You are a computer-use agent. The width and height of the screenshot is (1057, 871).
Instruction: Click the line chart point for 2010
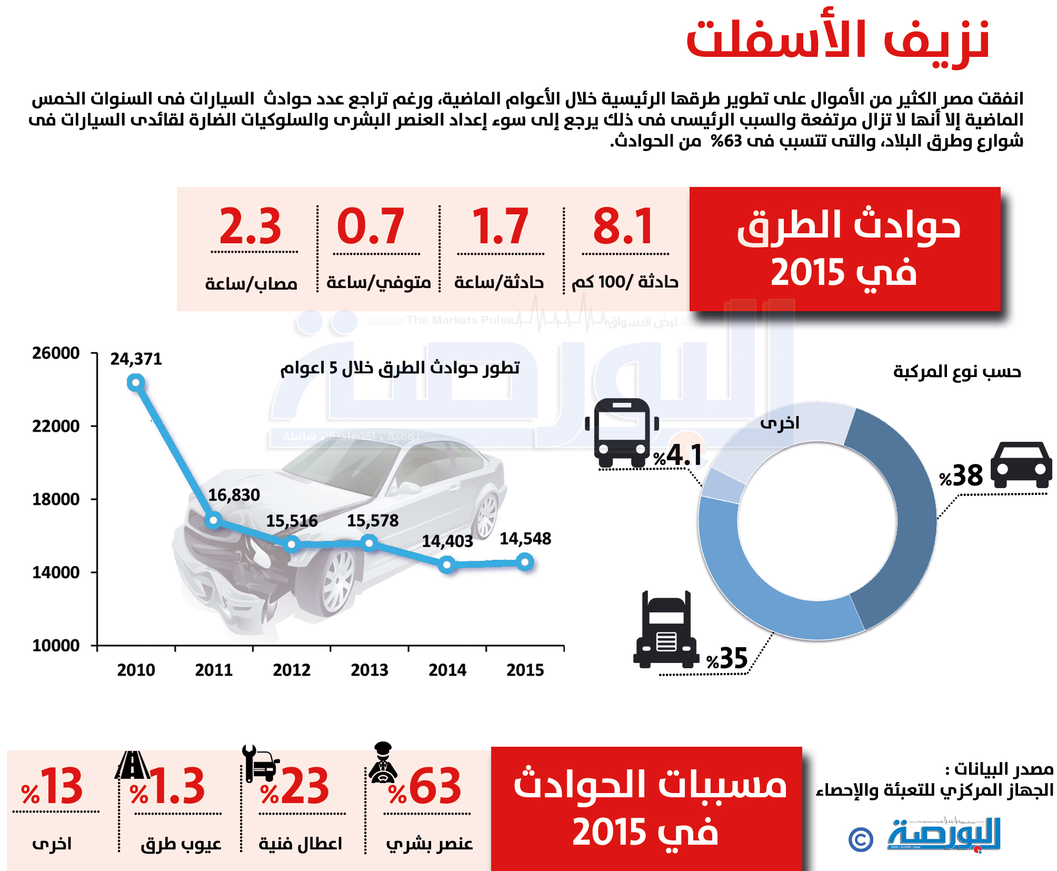click(x=136, y=383)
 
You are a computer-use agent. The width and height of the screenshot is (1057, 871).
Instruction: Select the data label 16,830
click(x=234, y=495)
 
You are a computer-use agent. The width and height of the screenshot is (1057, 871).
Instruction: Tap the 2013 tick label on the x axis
click(x=370, y=670)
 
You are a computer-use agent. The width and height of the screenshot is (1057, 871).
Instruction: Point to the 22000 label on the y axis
click(x=56, y=426)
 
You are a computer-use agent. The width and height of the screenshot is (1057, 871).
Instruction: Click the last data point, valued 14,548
click(x=525, y=562)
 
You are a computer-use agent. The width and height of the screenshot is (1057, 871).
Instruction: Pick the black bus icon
click(x=622, y=432)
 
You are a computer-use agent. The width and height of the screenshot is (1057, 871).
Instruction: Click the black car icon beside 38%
click(x=1021, y=464)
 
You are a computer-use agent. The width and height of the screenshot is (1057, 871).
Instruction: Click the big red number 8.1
click(x=623, y=226)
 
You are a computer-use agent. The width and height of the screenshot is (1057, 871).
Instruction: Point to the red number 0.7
click(x=371, y=226)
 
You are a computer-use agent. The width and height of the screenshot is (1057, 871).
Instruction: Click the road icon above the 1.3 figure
click(x=132, y=765)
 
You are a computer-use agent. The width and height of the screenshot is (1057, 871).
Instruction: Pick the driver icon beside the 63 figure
click(x=383, y=762)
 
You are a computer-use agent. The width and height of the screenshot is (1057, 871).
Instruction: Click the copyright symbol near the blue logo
click(x=861, y=839)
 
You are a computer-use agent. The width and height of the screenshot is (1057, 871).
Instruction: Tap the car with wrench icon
click(x=260, y=763)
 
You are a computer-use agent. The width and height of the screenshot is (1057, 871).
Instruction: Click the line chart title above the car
click(x=400, y=368)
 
